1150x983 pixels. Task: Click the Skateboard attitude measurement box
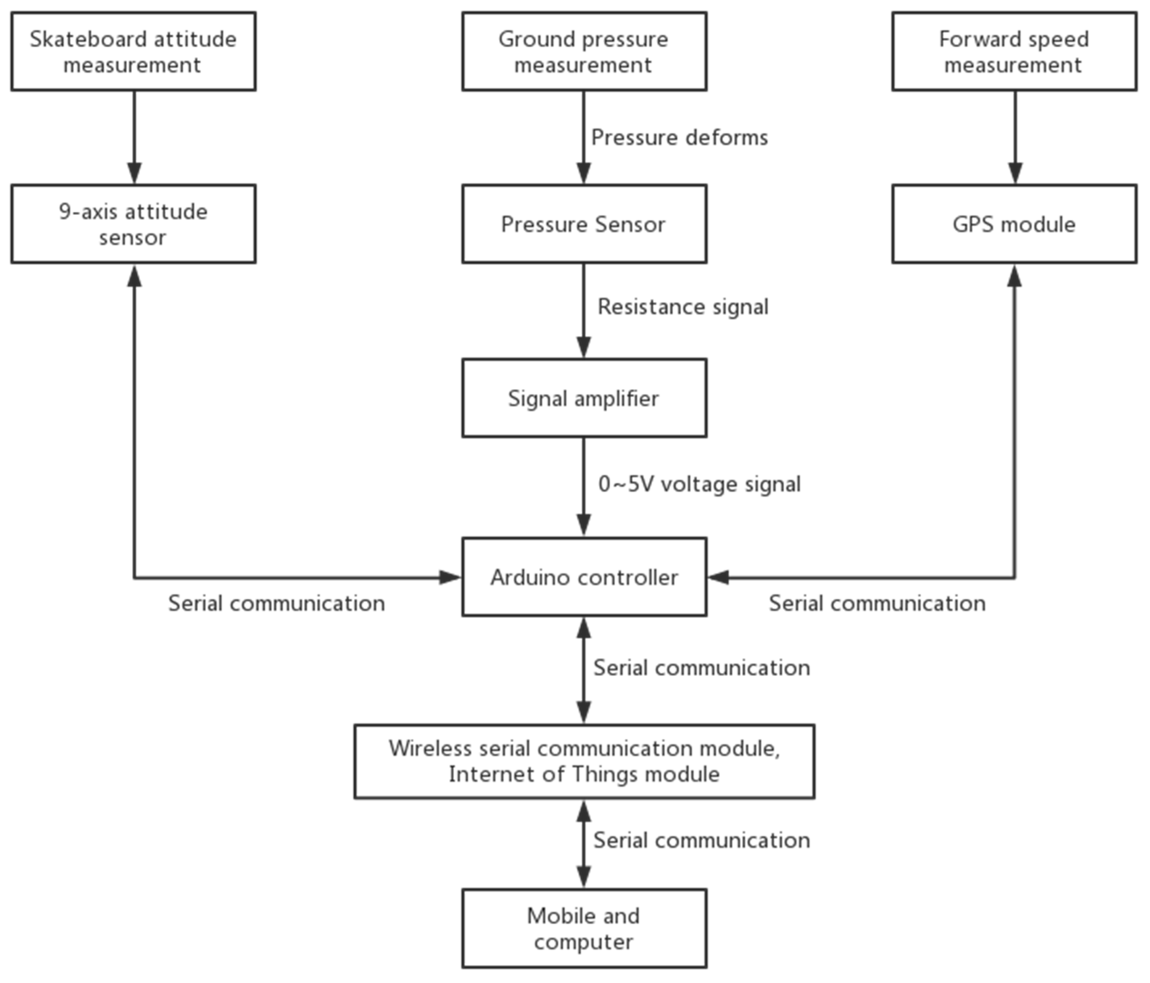[x=133, y=52]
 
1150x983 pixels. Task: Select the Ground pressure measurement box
[x=584, y=52]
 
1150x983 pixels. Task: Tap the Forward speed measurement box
[x=1014, y=52]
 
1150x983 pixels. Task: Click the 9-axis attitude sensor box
[x=133, y=224]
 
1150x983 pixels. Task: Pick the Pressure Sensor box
[x=584, y=224]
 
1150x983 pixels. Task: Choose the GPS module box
[x=1014, y=224]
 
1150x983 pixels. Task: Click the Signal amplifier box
[x=584, y=398]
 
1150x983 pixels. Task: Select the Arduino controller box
[x=584, y=577]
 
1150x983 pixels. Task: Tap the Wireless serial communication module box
[x=584, y=761]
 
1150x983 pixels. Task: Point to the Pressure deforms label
[x=679, y=137]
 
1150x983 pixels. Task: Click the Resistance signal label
[x=683, y=307]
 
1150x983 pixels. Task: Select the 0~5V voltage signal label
[x=699, y=484]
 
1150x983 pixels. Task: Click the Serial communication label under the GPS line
[x=877, y=603]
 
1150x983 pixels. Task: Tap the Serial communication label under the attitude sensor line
[x=276, y=603]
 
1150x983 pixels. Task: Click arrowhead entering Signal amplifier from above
[x=583, y=347]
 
